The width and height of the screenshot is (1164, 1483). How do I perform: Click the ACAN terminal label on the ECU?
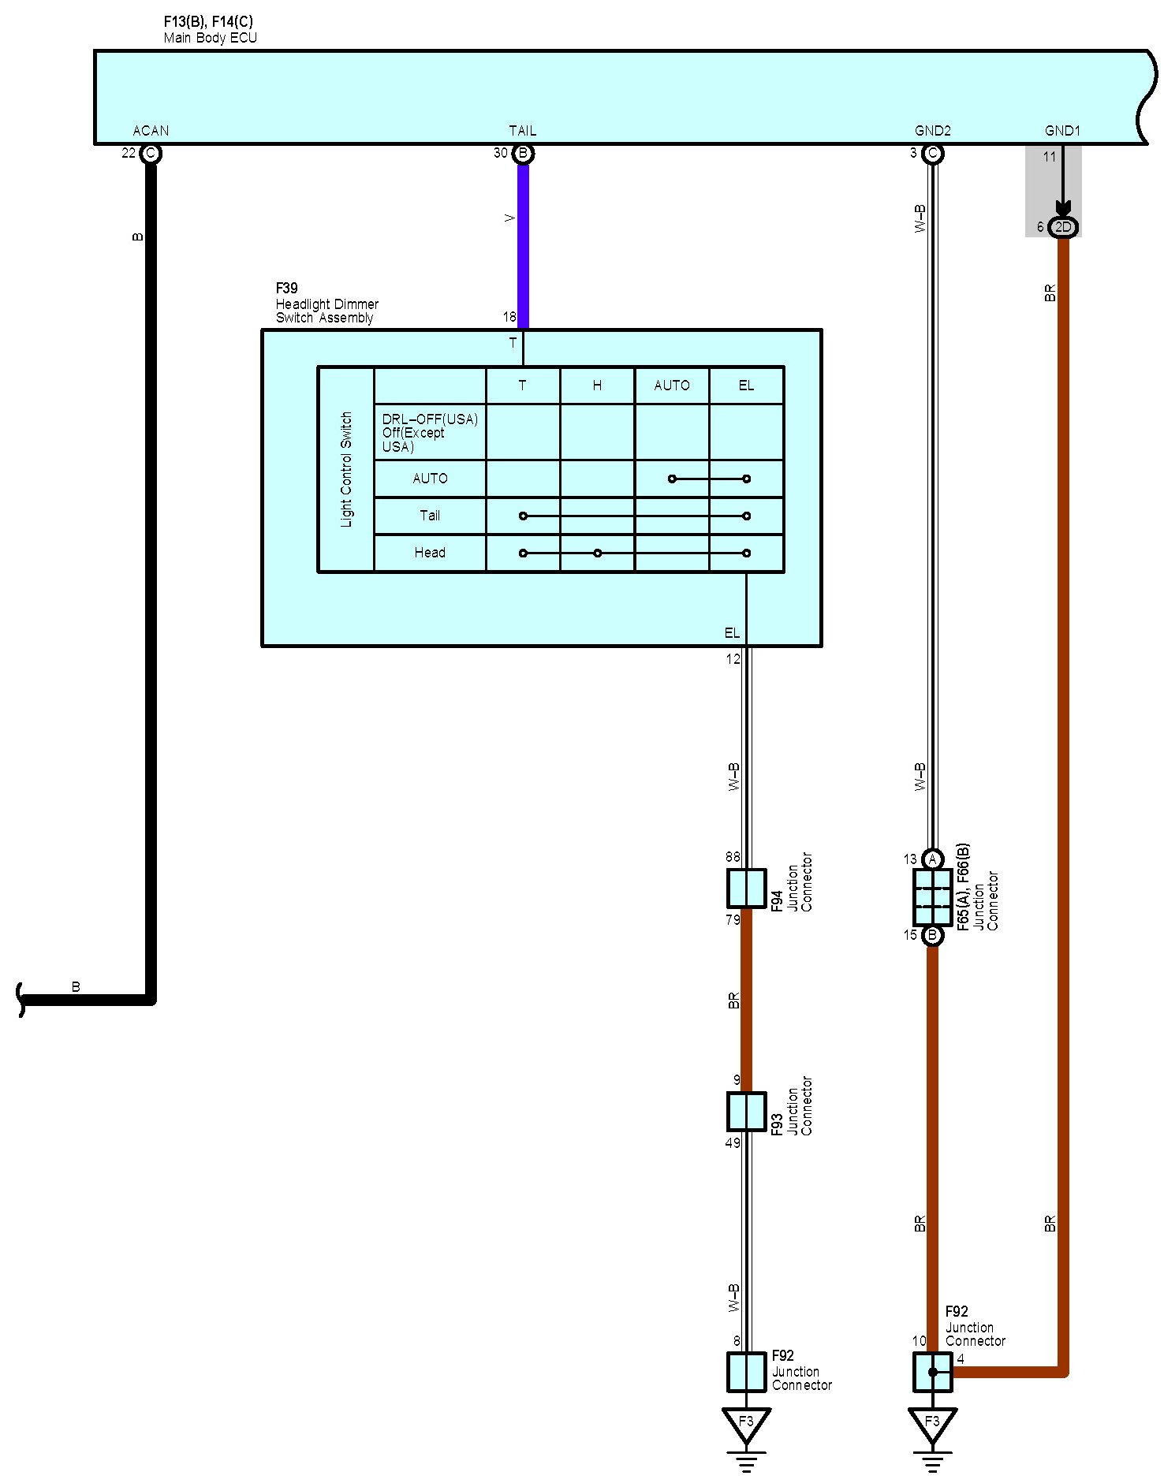(151, 131)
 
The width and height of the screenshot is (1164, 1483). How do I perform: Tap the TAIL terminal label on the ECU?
(522, 131)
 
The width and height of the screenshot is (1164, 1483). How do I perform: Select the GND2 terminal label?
(932, 131)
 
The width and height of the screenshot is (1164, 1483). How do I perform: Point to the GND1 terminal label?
(1062, 131)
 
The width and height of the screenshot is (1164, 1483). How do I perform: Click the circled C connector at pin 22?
(151, 153)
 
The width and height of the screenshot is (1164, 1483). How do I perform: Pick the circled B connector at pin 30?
(523, 153)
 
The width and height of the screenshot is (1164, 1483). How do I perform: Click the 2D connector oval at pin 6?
(1063, 227)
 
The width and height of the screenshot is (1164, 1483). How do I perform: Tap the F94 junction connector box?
(746, 889)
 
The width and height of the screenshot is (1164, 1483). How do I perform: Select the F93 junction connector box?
(746, 1111)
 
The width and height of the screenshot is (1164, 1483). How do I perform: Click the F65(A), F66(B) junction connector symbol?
(932, 897)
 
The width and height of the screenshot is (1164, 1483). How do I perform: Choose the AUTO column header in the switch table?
(672, 386)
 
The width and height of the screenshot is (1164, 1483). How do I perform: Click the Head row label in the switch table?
(430, 553)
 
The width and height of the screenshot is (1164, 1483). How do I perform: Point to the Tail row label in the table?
(430, 516)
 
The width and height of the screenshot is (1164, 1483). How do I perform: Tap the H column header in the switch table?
(597, 386)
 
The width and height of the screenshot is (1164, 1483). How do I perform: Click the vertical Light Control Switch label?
(346, 469)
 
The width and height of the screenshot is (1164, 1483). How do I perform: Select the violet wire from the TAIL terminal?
(523, 244)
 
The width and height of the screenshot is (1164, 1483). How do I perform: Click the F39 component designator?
(286, 289)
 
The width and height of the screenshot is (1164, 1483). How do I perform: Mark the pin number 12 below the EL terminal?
(733, 659)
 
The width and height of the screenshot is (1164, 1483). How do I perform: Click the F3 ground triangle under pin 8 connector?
(746, 1422)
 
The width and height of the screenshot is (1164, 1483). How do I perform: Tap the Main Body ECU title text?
(211, 38)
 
